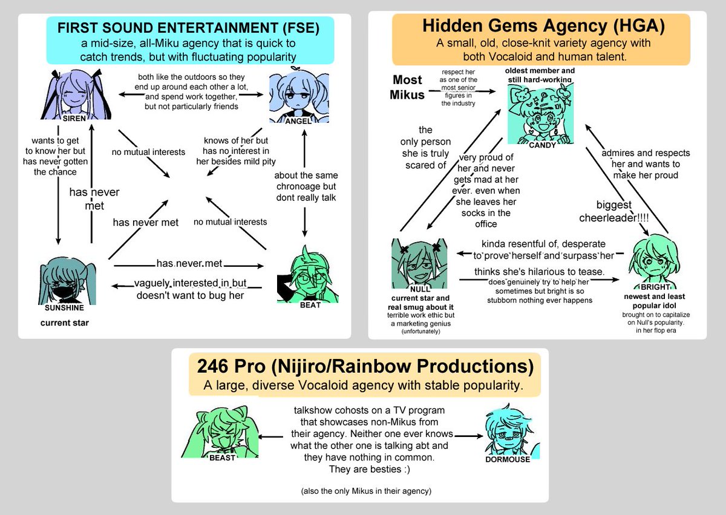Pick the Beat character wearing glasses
pos(309,275)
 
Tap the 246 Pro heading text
pos(365,367)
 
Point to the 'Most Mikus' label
pos(408,87)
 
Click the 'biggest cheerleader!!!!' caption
pos(623,211)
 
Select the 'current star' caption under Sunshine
pos(65,323)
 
